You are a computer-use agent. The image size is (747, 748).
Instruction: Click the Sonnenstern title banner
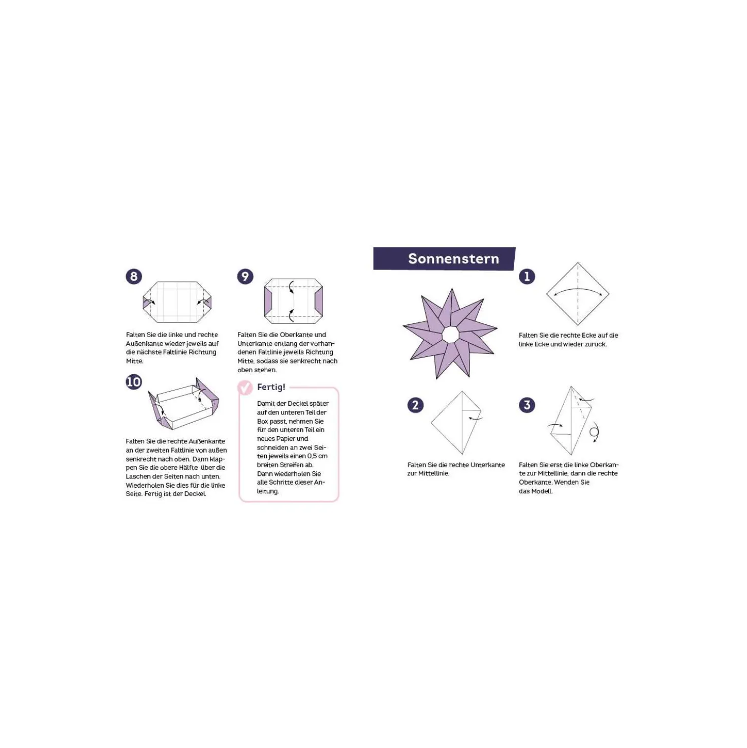444,258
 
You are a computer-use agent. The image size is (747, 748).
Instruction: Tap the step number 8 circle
134,277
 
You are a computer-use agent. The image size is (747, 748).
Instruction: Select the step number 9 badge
245,277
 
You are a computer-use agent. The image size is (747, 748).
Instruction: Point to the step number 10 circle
134,382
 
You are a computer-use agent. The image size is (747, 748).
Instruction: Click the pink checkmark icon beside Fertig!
245,387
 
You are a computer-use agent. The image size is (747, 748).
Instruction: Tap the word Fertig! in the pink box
271,387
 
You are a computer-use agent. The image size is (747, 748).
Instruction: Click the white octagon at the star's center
450,334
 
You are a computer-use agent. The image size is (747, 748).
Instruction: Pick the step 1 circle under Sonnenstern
527,277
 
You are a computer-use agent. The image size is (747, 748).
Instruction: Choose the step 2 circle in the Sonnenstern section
415,405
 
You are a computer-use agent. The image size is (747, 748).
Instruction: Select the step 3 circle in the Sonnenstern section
527,405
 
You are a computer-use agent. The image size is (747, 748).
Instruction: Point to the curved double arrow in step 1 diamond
578,289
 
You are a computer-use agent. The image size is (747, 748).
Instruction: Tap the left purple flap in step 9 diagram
268,302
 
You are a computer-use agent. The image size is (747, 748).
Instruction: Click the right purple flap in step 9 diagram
319,302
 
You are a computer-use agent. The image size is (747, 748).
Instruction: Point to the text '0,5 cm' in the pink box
317,456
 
